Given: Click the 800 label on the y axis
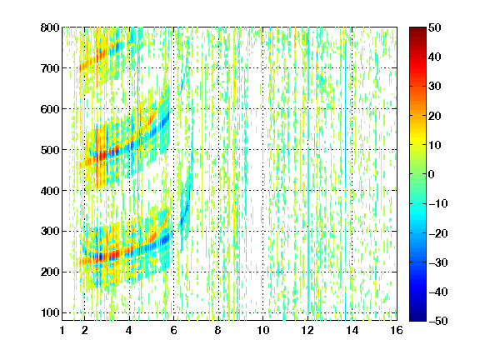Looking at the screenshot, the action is tap(50, 27).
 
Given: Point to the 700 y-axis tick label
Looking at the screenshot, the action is tap(50, 68).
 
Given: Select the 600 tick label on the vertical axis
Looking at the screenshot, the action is tap(50, 109).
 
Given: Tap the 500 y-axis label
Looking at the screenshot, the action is tap(50, 150).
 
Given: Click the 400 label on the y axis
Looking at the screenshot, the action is tap(50, 190).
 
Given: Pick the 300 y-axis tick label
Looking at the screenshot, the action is tap(50, 231).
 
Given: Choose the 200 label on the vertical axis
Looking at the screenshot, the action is tap(50, 272).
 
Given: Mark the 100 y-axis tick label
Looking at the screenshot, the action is tap(50, 312).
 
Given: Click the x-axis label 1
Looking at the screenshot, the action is tap(62, 330).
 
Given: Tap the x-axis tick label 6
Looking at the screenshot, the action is tap(173, 330).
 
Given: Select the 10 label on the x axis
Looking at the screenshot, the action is tap(262, 330).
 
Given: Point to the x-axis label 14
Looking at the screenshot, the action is tap(352, 330).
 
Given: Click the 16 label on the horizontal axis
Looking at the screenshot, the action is tap(397, 330).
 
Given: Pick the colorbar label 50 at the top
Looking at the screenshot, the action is tap(434, 27).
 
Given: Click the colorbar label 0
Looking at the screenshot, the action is tap(432, 174).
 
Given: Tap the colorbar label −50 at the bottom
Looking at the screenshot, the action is tap(438, 321).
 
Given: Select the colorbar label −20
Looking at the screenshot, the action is tap(438, 233).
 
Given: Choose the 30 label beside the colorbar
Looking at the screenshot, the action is tap(434, 86).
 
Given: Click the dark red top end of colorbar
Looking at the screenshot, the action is tap(417, 29).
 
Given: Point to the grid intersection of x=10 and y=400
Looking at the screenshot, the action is tap(262, 190).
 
